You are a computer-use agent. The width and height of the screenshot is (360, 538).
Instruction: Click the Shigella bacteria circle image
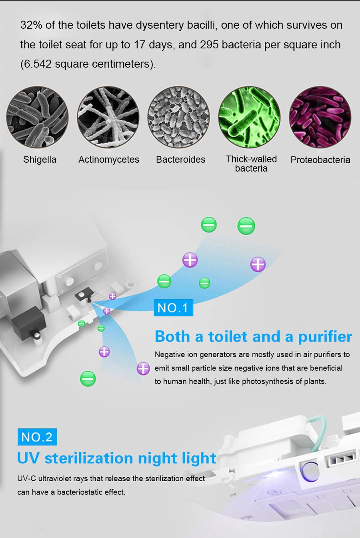coord(37,117)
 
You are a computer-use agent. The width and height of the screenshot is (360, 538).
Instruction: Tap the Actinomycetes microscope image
coord(108,117)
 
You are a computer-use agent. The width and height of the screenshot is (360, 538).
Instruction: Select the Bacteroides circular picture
coord(178,117)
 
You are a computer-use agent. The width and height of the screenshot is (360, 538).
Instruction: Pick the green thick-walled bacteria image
coord(249,117)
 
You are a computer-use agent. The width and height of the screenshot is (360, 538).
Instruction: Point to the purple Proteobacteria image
coord(320,117)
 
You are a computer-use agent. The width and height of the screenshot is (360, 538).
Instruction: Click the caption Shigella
coord(40,160)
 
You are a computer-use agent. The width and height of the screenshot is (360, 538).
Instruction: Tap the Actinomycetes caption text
coord(109,160)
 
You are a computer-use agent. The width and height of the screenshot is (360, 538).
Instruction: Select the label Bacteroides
coord(180,160)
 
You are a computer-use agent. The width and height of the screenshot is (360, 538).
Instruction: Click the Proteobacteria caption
coord(320,160)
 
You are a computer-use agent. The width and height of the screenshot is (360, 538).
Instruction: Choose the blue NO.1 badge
coord(173,308)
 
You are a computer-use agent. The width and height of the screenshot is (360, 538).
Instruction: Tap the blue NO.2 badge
coord(37,437)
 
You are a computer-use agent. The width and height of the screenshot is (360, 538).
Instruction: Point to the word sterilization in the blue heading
coord(110,458)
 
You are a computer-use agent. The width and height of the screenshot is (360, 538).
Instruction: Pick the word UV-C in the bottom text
coord(26,478)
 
